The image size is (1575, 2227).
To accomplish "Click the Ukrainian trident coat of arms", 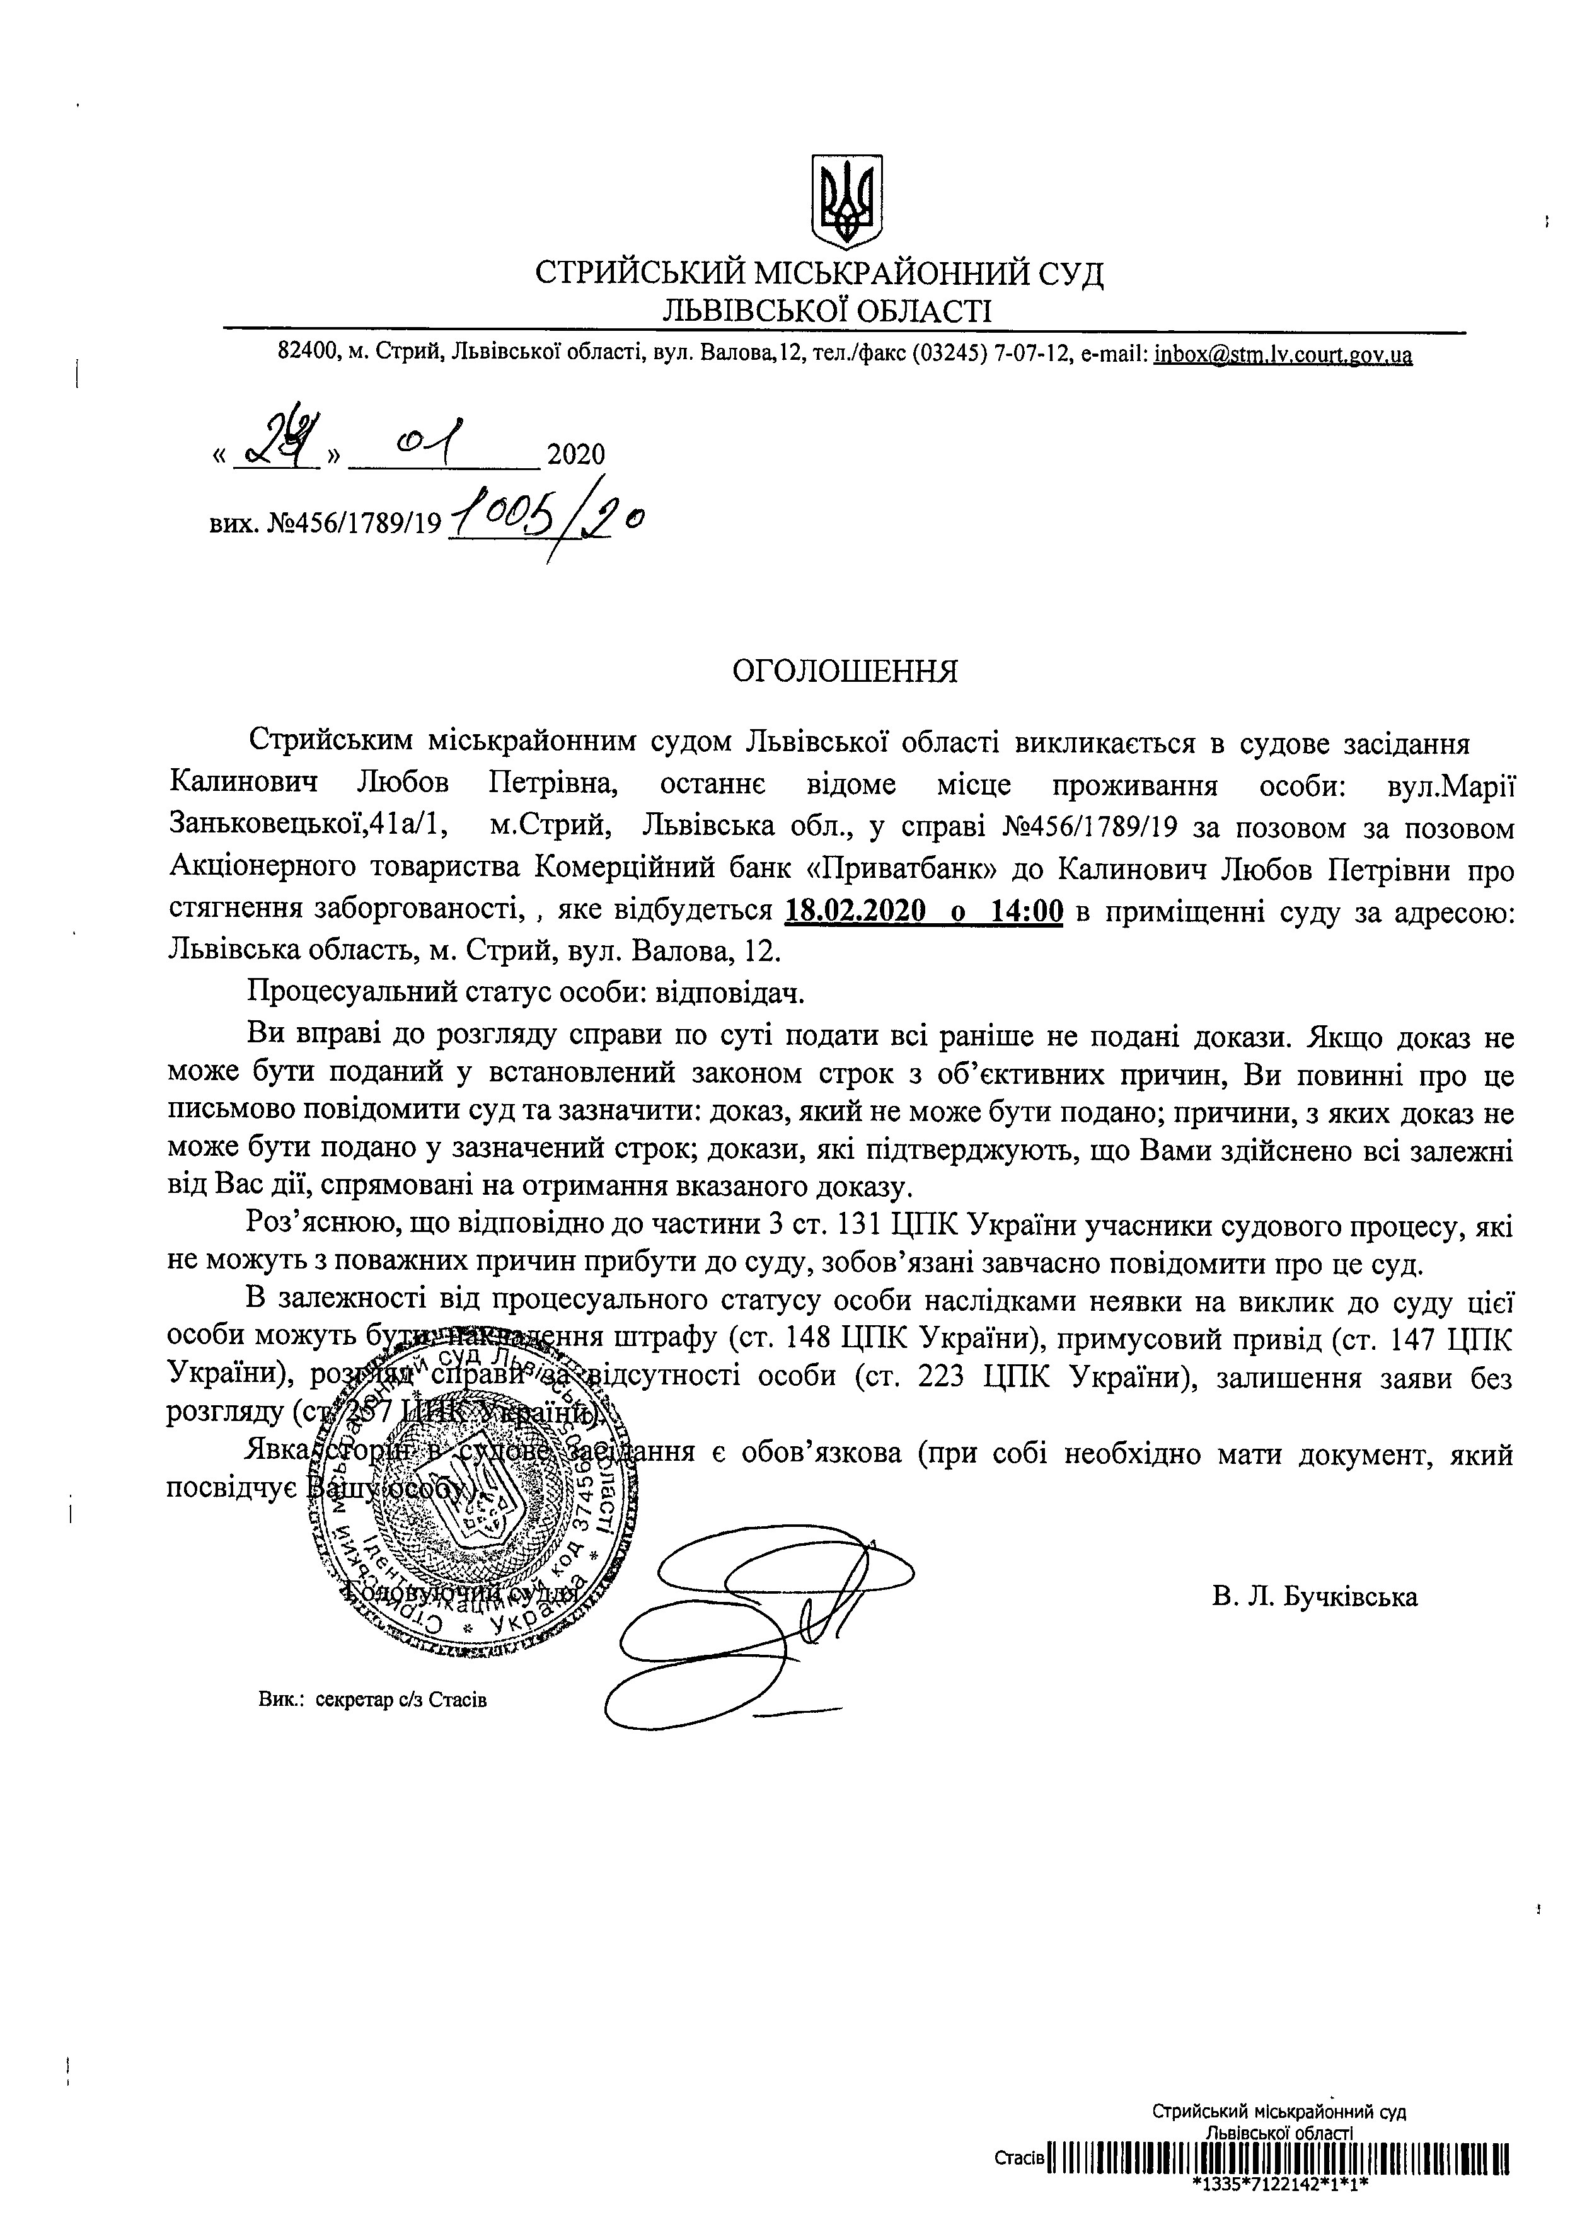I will [846, 199].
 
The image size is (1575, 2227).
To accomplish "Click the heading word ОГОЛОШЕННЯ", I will [845, 671].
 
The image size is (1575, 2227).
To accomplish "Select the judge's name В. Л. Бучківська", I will [1314, 1597].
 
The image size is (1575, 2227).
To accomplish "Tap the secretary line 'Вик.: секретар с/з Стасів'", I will [372, 1700].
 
